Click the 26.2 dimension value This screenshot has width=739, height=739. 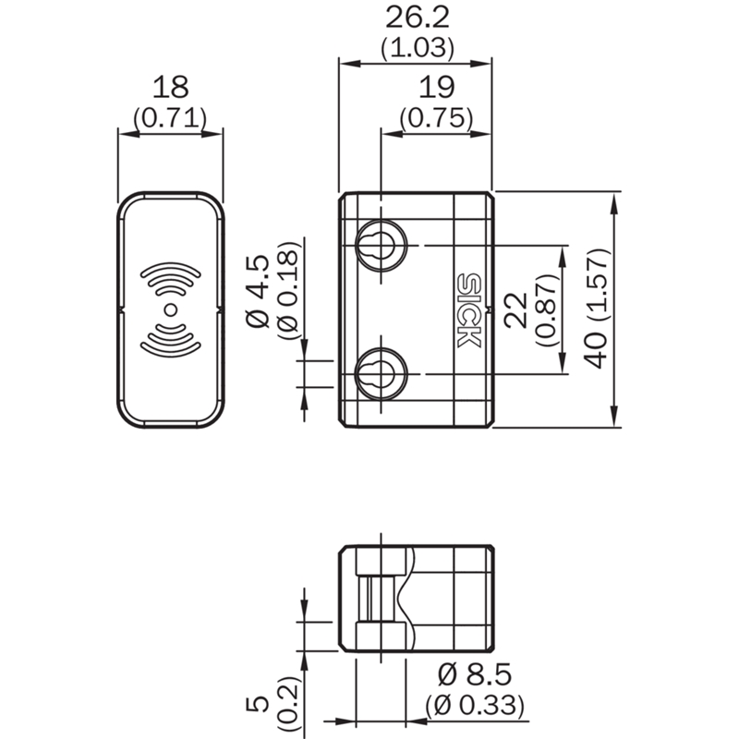coord(418,18)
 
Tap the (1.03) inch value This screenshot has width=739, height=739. coord(418,48)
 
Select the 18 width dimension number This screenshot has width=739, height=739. coord(171,87)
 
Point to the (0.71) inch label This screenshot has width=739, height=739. coord(170,118)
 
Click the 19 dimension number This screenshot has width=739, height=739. coord(436,87)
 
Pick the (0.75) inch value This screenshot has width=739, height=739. coord(436,118)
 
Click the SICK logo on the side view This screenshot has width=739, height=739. coord(469,310)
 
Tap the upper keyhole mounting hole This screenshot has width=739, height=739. coord(382,245)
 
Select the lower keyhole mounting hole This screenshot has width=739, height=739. coord(382,374)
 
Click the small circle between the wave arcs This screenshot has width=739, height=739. coord(171,309)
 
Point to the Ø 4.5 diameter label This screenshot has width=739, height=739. coord(258,291)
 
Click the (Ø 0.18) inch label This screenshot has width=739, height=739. coord(288,290)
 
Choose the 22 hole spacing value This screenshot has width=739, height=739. coord(515,309)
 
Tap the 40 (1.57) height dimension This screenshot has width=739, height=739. coord(596,309)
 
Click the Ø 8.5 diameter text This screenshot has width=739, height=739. coord(475,674)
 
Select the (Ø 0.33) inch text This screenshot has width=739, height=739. coord(475,705)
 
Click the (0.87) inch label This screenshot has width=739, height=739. coord(548,309)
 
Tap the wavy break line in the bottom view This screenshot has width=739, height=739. coord(406,599)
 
